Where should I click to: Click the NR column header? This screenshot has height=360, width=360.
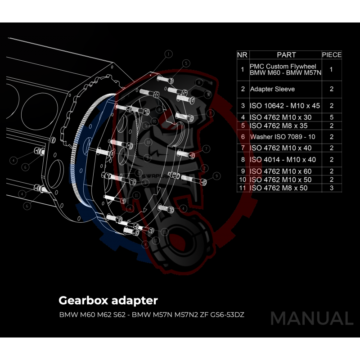[243, 55]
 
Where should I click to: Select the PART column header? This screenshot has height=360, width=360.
[286, 55]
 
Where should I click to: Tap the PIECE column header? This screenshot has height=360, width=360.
[332, 55]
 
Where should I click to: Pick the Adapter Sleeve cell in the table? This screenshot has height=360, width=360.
[272, 89]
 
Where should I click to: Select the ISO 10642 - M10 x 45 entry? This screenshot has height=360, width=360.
[284, 106]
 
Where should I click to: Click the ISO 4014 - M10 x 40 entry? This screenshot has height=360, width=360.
[283, 159]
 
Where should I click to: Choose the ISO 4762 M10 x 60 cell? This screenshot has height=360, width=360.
[280, 171]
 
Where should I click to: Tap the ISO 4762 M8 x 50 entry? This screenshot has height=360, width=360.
[279, 188]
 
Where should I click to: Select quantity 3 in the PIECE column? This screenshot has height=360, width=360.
[331, 188]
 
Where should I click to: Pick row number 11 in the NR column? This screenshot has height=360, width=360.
[243, 188]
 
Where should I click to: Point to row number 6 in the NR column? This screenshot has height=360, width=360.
[243, 137]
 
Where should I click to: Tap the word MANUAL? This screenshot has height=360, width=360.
[311, 319]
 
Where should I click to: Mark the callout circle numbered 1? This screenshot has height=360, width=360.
[168, 54]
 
